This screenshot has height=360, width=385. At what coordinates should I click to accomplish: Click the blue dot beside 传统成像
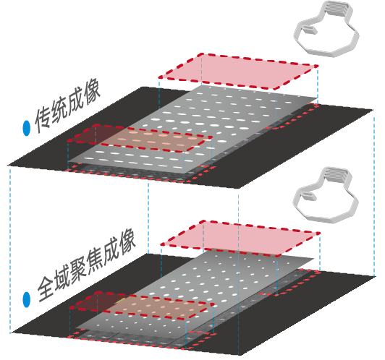[26, 128]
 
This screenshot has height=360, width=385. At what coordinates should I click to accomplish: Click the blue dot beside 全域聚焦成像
[27, 299]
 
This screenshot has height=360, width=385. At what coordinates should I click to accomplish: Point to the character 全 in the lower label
[47, 289]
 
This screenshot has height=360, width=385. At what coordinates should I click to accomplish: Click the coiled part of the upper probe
[337, 10]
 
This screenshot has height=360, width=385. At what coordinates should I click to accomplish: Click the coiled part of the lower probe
[336, 176]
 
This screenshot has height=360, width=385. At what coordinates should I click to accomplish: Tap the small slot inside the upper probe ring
[310, 30]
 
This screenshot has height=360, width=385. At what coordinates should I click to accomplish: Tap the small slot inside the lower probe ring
[308, 196]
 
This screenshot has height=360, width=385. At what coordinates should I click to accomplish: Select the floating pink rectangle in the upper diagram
[238, 72]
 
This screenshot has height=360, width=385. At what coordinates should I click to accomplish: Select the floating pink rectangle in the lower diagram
[240, 239]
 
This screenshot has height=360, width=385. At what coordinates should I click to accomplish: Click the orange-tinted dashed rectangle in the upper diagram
[140, 138]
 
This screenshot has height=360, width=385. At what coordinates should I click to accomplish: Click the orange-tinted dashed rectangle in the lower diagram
[141, 306]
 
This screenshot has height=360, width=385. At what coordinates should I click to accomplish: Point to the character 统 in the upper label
[59, 111]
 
